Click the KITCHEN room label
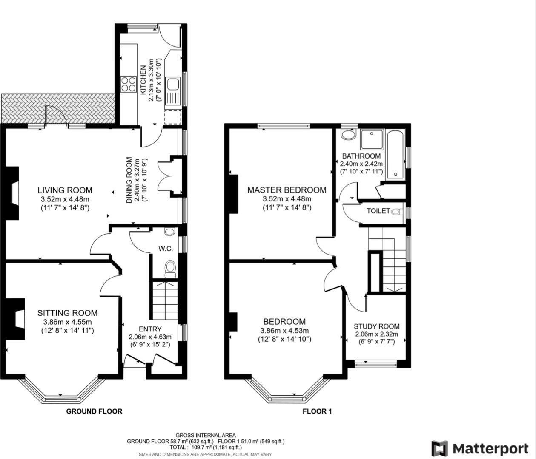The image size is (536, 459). pos(143,80)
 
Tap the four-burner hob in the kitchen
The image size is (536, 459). pos(129,84)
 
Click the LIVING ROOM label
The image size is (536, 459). pos(65,190)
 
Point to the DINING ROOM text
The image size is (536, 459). pos(129,180)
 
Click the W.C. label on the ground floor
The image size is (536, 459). pos(166,249)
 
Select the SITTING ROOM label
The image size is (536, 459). pos(67,313)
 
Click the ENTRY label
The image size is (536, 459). pos(150,329)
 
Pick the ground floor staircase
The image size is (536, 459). pos(165,300)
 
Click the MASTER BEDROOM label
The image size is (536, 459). pos(287,190)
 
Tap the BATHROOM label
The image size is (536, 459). pos(361,156)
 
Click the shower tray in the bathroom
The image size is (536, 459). pos(372,139)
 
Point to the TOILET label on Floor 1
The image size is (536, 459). pos(378,211)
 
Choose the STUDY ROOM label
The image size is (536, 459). pos(376,326)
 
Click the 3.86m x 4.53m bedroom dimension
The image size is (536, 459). pos(284,331)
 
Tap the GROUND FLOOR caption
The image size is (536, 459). pos(94,411)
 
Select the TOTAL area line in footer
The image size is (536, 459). pos(206,447)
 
